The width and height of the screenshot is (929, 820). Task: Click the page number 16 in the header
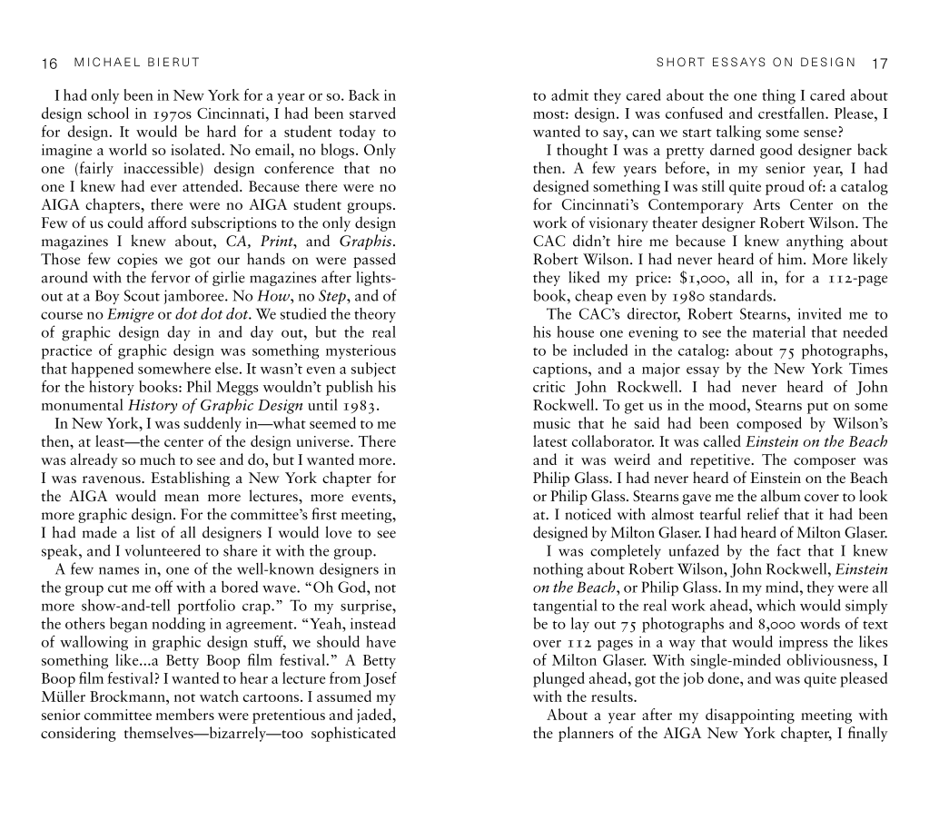[x=50, y=64]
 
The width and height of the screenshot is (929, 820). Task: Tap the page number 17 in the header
[x=878, y=64]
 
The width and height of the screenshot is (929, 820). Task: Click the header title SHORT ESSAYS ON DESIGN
[x=756, y=63]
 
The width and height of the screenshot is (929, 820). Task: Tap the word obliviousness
[x=813, y=661]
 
